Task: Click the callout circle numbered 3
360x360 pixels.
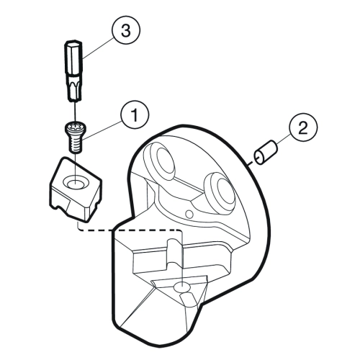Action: [126, 30]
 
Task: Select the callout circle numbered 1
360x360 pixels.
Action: [135, 114]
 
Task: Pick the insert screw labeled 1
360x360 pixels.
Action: [76, 136]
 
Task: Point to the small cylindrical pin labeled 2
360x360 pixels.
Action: [266, 153]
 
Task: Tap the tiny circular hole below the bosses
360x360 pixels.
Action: [189, 214]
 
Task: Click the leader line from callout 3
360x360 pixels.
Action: [99, 48]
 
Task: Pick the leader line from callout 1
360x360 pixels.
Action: [102, 130]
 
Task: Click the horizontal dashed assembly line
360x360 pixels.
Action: [130, 230]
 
